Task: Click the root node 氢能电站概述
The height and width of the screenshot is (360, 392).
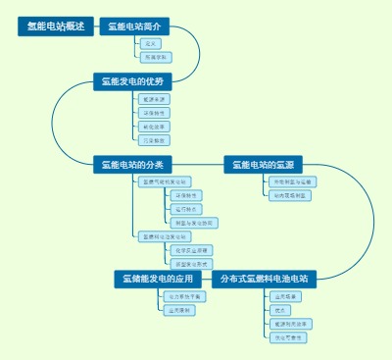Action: coord(55,26)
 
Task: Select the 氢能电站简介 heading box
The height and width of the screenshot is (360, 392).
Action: coord(135,26)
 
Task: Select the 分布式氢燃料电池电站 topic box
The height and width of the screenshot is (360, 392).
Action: coord(264,279)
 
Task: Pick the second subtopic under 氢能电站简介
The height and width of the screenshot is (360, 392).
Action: coord(154,58)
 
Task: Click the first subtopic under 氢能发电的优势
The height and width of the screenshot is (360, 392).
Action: coord(154,99)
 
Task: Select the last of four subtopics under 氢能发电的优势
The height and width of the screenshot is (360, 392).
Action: coord(154,140)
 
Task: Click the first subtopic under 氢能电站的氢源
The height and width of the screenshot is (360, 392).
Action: coord(292,181)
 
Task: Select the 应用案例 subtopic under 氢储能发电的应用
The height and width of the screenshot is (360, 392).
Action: coord(179,310)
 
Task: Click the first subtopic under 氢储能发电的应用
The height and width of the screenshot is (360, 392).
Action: coord(183,295)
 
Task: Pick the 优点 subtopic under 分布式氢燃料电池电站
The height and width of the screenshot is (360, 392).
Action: coord(283,309)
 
